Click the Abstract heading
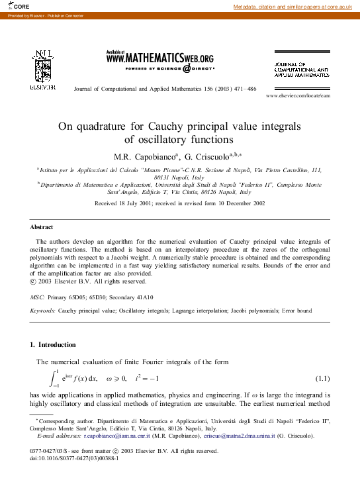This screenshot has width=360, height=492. (42, 227)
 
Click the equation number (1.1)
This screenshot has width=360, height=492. (322, 378)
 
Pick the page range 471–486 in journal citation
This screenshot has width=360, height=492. (243, 89)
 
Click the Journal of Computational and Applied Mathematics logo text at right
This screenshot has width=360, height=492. (301, 69)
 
